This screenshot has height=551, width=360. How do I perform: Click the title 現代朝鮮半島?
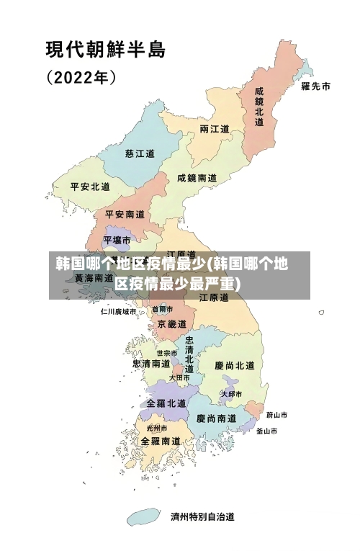point(106,50)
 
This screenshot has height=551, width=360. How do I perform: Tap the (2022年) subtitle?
point(81,76)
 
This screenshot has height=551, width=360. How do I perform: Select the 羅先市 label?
point(315,86)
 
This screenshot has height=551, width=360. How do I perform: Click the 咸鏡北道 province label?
point(259,107)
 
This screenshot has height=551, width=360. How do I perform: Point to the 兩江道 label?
point(214,129)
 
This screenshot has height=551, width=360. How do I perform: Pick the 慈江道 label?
point(140,153)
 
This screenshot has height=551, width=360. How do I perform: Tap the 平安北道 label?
point(90,186)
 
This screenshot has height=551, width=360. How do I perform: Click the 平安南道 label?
point(125,214)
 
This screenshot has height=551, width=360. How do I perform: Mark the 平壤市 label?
point(117,239)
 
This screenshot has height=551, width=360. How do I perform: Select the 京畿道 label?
point(171,324)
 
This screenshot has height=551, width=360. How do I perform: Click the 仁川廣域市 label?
point(118,312)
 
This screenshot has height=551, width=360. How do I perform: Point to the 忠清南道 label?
point(151,364)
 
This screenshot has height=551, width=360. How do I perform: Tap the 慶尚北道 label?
point(235,365)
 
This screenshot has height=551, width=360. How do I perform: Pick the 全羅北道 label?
point(166,403)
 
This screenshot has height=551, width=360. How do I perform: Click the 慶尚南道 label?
point(216,418)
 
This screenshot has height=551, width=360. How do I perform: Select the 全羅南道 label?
point(160,440)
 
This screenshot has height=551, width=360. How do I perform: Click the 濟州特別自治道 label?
point(202,516)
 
